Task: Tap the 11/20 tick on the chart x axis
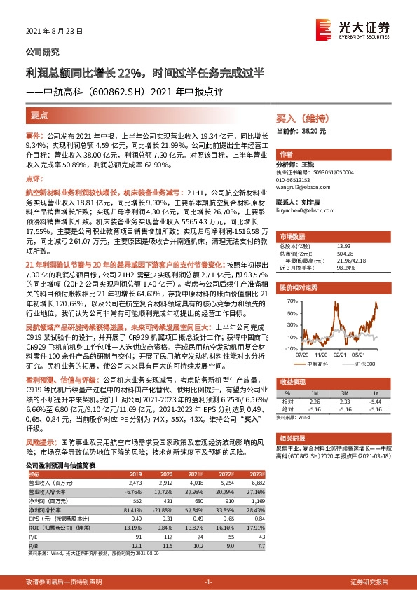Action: [324, 355]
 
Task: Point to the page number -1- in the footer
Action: [207, 582]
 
